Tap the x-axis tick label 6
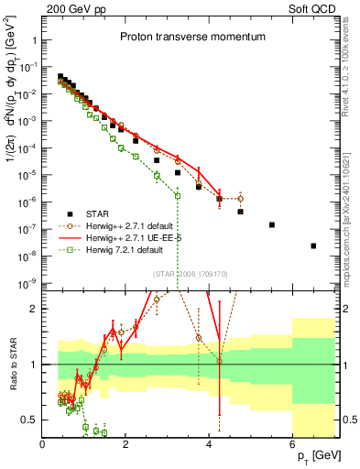(293, 444)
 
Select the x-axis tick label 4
(210, 444)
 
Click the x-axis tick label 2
(126, 444)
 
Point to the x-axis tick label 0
(43, 444)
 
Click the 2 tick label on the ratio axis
(34, 308)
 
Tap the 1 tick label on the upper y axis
(34, 40)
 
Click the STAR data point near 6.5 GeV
(313, 245)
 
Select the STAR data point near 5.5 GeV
(272, 224)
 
